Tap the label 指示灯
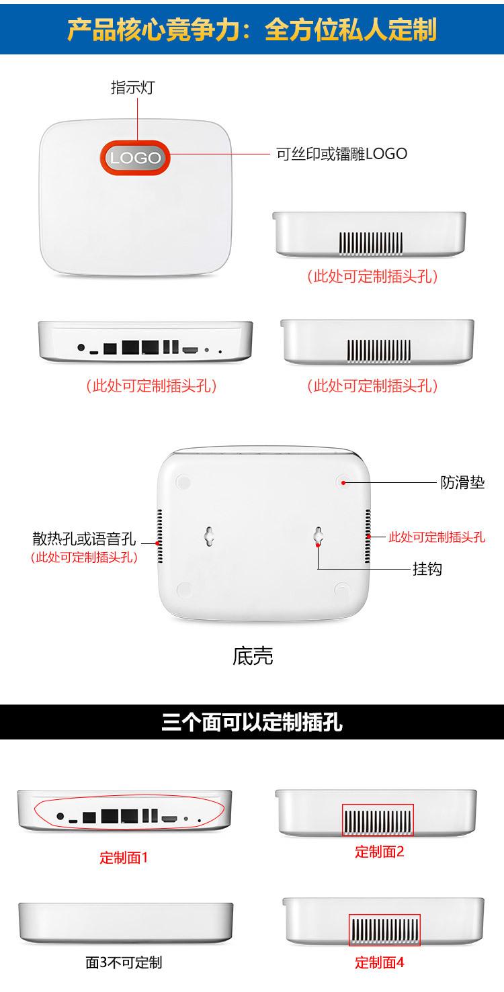pyautogui.click(x=132, y=88)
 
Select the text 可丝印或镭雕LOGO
pyautogui.click(x=342, y=154)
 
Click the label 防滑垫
pyautogui.click(x=462, y=482)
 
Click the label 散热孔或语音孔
pyautogui.click(x=84, y=539)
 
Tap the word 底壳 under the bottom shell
pyautogui.click(x=253, y=656)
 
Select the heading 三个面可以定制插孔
pyautogui.click(x=252, y=723)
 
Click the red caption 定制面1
pyautogui.click(x=124, y=858)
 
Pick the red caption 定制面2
pyautogui.click(x=380, y=852)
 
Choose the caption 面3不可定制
pyautogui.click(x=124, y=962)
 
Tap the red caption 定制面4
pyautogui.click(x=380, y=962)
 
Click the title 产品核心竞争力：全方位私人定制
pyautogui.click(x=252, y=30)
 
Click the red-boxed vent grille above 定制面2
pyautogui.click(x=378, y=820)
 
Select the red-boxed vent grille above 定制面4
pyautogui.click(x=384, y=930)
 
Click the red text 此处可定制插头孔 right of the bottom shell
pyautogui.click(x=437, y=537)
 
